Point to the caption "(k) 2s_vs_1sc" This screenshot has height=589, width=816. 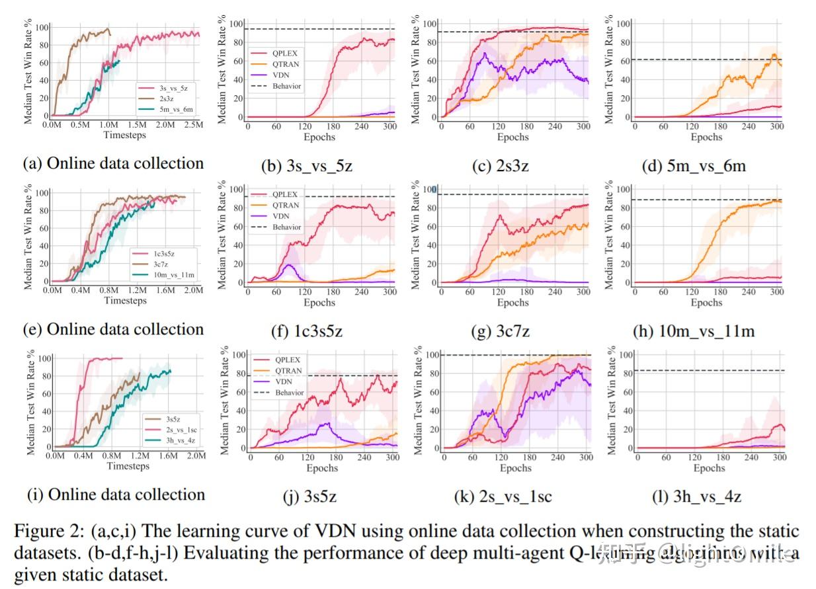pyautogui.click(x=499, y=496)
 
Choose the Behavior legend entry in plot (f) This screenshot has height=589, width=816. pyautogui.click(x=286, y=227)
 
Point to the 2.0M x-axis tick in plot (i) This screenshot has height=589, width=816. pyautogui.click(x=196, y=456)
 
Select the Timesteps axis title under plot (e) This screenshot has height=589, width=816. pyautogui.click(x=126, y=301)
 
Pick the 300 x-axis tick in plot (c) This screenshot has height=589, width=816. pyautogui.click(x=583, y=127)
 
